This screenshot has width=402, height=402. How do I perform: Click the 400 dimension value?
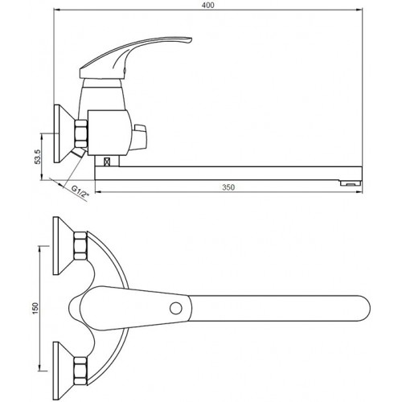coord(208,5)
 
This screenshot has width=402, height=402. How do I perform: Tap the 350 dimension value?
coord(228,187)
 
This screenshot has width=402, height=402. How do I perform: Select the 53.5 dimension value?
coord(38,157)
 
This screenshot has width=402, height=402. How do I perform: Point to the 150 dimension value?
coord(35,308)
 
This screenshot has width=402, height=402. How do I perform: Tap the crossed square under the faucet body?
coord(107,162)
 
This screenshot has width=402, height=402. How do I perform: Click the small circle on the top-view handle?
coord(176,308)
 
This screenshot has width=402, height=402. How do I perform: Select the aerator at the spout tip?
coord(351,183)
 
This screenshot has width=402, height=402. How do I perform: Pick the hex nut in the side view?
coord(80,133)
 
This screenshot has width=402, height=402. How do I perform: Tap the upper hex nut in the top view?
coord(80,246)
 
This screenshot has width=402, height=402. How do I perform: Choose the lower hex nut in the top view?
coord(80,371)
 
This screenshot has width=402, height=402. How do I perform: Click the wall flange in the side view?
coord(63,133)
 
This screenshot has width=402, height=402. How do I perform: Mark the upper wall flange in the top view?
coord(63,246)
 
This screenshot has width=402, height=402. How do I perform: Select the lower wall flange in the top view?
coord(63,371)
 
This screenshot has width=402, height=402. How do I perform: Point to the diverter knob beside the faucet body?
coord(139,137)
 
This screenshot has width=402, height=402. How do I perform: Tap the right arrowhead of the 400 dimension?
coord(359,10)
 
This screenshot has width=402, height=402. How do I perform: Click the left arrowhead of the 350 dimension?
coord(99,191)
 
